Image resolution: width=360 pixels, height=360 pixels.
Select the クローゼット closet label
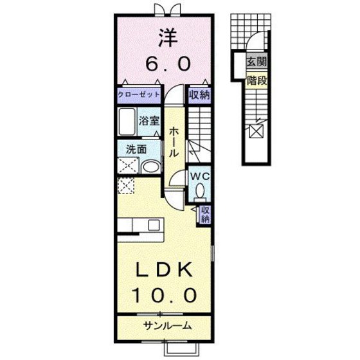pos(138,94)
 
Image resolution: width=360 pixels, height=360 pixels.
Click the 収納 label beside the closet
pos(199,94)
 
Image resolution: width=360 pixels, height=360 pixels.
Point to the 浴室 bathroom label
pos(149,120)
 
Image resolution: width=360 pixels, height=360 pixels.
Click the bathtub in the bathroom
pos(127,121)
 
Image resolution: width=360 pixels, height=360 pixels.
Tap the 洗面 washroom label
pos(136,149)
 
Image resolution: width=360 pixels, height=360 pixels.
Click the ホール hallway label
pos(174,143)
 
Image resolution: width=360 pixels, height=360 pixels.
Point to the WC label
pos(198,175)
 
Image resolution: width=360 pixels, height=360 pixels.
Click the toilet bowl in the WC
pos(200,191)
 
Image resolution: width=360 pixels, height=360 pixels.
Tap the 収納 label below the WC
pos(205,215)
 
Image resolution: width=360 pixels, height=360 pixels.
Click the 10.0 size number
pos(165,294)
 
